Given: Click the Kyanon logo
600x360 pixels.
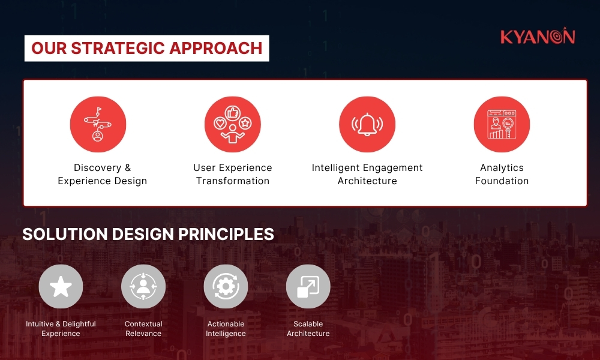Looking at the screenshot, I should click(x=538, y=37).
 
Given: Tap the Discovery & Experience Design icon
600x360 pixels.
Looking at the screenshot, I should click(x=98, y=125).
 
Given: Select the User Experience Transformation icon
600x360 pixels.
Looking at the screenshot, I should click(x=232, y=125).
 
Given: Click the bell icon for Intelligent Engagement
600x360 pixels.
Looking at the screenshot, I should click(x=367, y=125).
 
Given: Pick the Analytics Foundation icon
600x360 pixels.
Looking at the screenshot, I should click(x=502, y=125).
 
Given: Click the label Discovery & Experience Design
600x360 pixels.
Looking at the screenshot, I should click(x=102, y=174).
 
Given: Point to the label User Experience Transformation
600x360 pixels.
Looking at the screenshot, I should click(x=232, y=174).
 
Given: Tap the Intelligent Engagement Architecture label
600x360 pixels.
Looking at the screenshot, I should click(x=367, y=174).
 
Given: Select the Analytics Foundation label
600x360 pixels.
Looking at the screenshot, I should click(x=502, y=174).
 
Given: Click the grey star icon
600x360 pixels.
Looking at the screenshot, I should click(x=61, y=287).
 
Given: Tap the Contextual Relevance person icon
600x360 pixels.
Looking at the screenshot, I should click(x=143, y=287).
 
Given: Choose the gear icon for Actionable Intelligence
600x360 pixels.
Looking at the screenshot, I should click(x=226, y=287).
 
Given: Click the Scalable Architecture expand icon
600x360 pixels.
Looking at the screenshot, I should click(x=308, y=287).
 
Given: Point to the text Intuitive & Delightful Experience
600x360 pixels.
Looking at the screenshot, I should click(x=61, y=329).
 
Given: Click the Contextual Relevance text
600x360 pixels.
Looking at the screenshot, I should click(x=143, y=329).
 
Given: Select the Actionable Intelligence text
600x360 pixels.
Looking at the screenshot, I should click(x=226, y=329).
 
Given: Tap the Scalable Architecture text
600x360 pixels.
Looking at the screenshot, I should click(x=308, y=329).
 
